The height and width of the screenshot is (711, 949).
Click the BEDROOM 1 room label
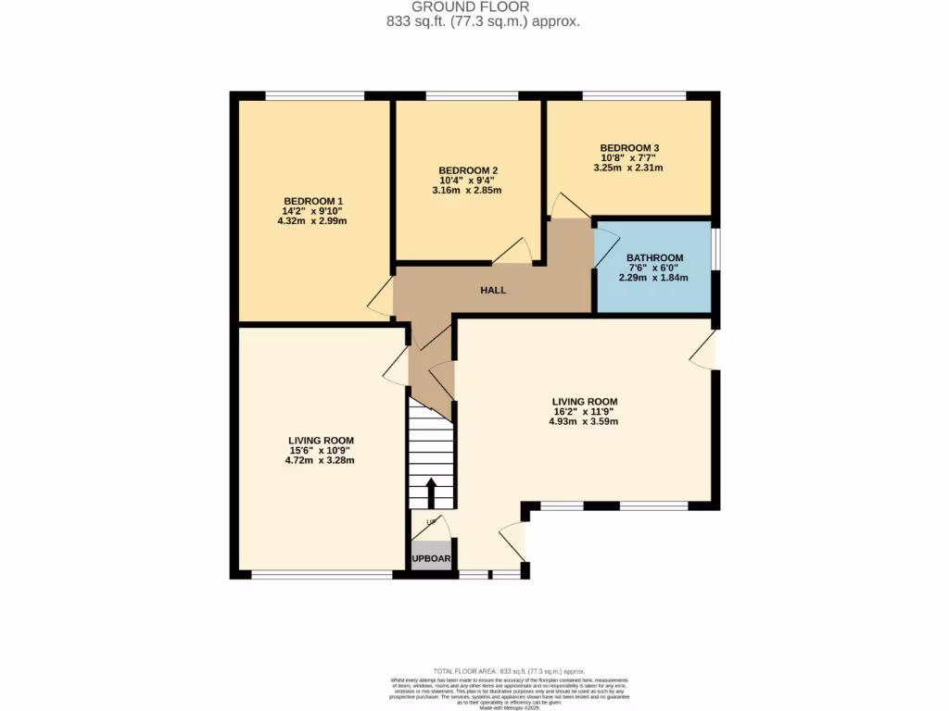[x=313, y=201]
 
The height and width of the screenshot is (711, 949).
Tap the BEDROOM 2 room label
[x=468, y=170]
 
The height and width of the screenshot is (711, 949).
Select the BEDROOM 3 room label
[x=629, y=147]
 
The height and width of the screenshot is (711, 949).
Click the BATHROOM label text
[x=654, y=257]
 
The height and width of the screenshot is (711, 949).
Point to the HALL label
[x=493, y=290]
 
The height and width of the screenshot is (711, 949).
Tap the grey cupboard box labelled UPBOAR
[x=431, y=558]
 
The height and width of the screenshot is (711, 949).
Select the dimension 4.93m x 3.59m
[x=583, y=421]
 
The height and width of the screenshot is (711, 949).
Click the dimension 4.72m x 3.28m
[x=320, y=460]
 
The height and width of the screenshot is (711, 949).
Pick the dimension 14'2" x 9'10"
[x=313, y=212]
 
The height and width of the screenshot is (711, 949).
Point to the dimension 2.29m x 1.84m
[x=654, y=278]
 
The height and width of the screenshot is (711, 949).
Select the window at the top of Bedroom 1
[x=314, y=95]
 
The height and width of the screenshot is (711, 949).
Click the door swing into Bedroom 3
[x=564, y=206]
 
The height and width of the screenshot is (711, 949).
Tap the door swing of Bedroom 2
[x=512, y=251]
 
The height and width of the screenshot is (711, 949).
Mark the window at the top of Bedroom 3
[x=634, y=95]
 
